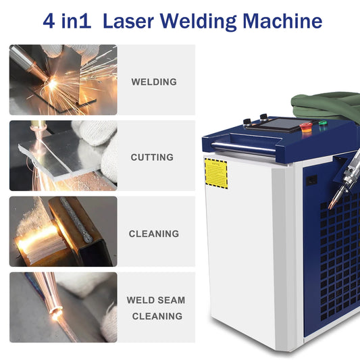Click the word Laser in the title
pos(128,21)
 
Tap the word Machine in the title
pos(282,21)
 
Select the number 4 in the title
pos(49,21)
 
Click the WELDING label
pos(154,82)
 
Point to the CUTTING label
pos(152,157)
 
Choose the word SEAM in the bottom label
pos(171,300)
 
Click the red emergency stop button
pos(306,127)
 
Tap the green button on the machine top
pos(324,122)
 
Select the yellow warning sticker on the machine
pos(216,174)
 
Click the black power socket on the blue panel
pos(311,180)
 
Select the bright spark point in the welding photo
pos(53,84)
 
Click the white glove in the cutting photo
pos(99,147)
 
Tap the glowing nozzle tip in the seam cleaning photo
pos(55,311)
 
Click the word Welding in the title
pos(199,22)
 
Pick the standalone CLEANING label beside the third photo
pos(154,234)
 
